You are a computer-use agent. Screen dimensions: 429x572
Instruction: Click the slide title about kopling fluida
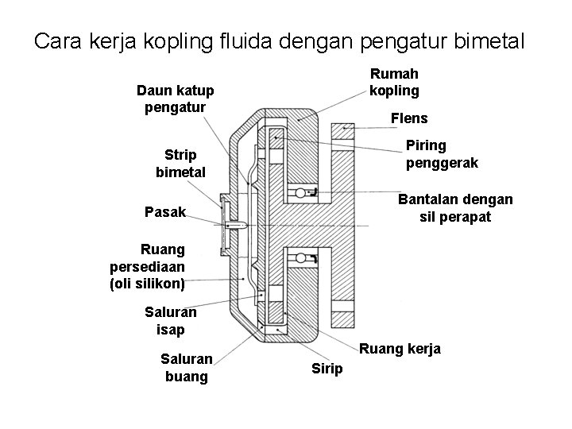point(280,41)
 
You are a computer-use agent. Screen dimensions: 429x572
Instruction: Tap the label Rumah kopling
point(394,82)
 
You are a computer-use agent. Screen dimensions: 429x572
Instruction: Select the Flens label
point(409,118)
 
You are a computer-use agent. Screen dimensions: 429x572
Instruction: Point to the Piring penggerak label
point(442,154)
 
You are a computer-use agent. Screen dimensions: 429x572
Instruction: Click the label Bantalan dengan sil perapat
point(455,207)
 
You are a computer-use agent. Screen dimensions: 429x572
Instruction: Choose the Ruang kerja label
point(400,349)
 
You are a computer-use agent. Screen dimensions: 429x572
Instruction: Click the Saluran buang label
point(186,367)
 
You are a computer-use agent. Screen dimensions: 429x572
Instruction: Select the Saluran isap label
point(171,321)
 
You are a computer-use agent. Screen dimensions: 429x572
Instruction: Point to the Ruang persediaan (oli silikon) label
point(148,266)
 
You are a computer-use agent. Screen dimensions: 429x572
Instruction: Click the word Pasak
point(165,212)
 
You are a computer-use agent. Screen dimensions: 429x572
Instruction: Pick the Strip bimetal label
point(180,162)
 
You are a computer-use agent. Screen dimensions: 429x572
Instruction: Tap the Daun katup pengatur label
point(175,99)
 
